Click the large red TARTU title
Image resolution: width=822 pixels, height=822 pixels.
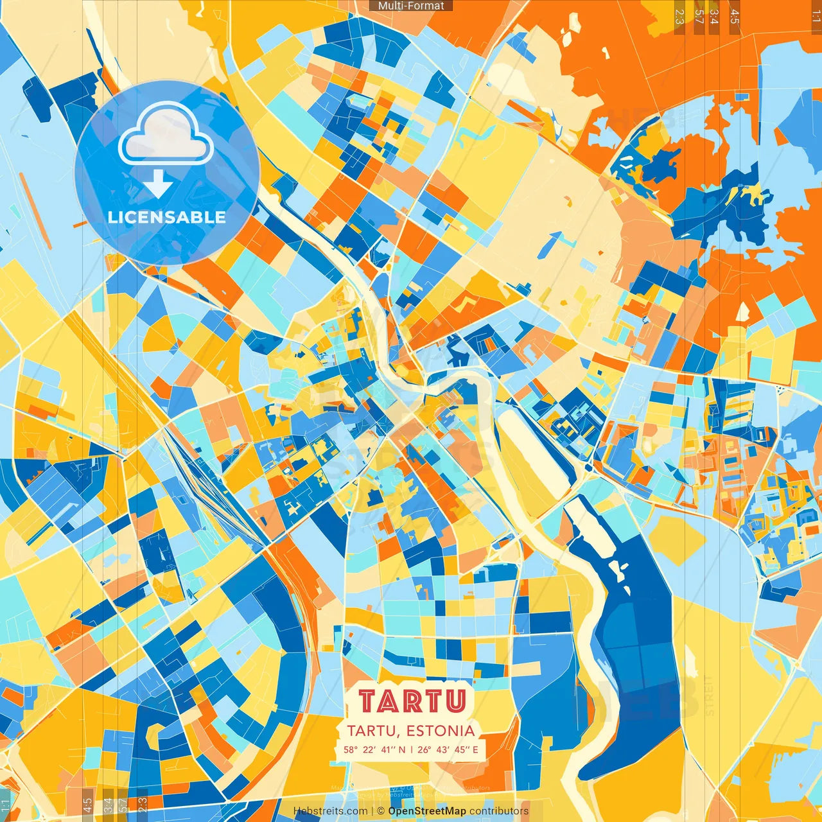pos(412,701)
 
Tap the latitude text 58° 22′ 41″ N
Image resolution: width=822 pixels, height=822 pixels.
pos(374,749)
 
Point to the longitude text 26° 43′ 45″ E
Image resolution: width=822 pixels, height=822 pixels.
pos(448,749)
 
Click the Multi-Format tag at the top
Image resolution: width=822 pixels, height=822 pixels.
pos(411,6)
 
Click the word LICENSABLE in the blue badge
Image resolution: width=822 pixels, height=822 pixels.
pos(167,217)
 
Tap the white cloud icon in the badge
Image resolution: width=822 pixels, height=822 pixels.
pos(166,135)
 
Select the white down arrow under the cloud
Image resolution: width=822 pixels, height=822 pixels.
pos(157,184)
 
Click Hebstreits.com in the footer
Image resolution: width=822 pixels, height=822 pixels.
pos(330,811)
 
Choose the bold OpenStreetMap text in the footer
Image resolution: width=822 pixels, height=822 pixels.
pos(427,811)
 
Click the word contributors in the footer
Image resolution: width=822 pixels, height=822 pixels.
pos(499,811)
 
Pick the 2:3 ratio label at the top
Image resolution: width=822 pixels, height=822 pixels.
pos(679,17)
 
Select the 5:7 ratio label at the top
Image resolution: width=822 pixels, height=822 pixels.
pos(699,17)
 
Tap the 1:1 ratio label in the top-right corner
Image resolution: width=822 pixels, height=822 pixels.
pos(816,17)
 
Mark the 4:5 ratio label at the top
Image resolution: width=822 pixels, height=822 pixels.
pos(735,17)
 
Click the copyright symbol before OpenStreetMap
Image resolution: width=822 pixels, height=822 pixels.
pos(381,811)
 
